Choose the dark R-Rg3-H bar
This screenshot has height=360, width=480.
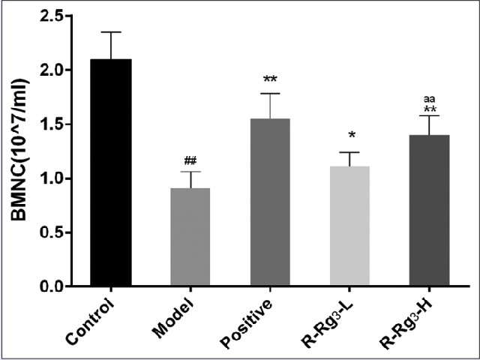click(428, 211)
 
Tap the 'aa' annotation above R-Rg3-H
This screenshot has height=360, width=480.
click(429, 97)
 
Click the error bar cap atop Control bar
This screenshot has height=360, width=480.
click(111, 32)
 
